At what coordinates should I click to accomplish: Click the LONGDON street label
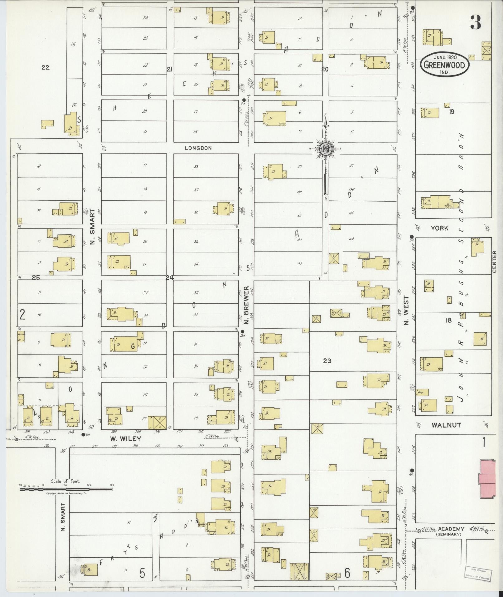[x=198, y=148]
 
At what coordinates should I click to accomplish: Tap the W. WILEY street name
[x=126, y=438]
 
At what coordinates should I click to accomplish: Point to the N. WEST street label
[x=405, y=310]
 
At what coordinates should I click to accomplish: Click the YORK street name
[x=439, y=228]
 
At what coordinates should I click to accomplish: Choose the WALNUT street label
[x=446, y=425]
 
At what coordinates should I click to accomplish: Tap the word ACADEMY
[x=451, y=529]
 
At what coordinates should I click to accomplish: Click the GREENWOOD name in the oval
[x=444, y=66]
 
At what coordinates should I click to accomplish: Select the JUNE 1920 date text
[x=445, y=57]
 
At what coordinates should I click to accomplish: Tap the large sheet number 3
[x=476, y=22]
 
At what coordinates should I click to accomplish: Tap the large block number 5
[x=142, y=573]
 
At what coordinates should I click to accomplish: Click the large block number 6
[x=347, y=573]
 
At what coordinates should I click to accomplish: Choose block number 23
[x=327, y=361]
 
